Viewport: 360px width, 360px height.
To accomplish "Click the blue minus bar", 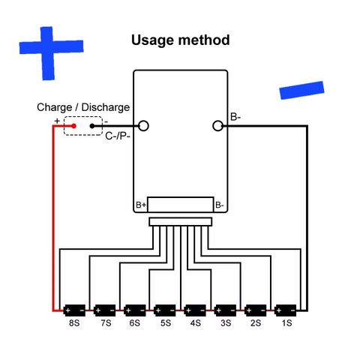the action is tap(301, 90).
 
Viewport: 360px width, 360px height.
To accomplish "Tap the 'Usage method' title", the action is tap(180, 40).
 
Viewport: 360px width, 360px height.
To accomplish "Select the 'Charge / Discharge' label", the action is tap(83, 107).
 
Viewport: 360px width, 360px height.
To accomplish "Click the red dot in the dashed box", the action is tap(73, 126).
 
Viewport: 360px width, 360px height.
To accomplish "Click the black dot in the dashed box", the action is tap(92, 126).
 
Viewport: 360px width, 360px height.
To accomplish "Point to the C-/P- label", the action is tap(118, 136).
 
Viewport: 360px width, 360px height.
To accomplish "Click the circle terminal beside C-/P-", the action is tap(143, 126).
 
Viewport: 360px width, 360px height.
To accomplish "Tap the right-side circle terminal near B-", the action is tap(217, 126).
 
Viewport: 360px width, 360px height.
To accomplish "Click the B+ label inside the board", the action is tap(141, 205).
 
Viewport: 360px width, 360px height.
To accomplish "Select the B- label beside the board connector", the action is tap(220, 205).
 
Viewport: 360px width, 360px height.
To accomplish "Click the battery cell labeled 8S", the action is tap(74, 310).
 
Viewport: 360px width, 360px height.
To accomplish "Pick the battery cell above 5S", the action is tap(165, 310).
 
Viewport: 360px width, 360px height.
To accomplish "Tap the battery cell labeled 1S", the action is tap(286, 310).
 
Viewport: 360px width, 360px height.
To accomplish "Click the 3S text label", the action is tap(226, 323).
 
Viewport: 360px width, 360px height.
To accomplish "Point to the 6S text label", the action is tap(134, 323).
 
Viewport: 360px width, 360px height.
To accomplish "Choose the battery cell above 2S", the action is tap(256, 310).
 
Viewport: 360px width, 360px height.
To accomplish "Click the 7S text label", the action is tap(106, 323).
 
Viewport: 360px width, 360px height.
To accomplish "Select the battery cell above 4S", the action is tap(195, 310).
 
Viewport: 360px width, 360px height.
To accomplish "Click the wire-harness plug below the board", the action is tap(181, 222).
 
